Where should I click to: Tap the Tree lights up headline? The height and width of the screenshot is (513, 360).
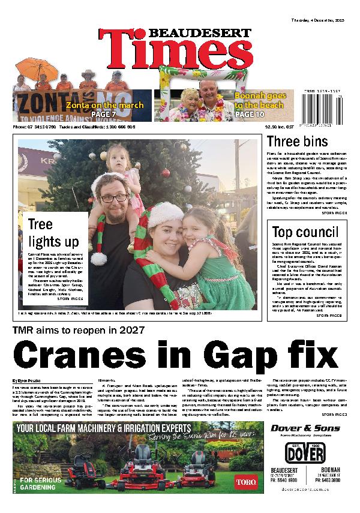pyautogui.click(x=53, y=233)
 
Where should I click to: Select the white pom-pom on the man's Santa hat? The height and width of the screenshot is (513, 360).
pyautogui.click(x=98, y=258)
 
